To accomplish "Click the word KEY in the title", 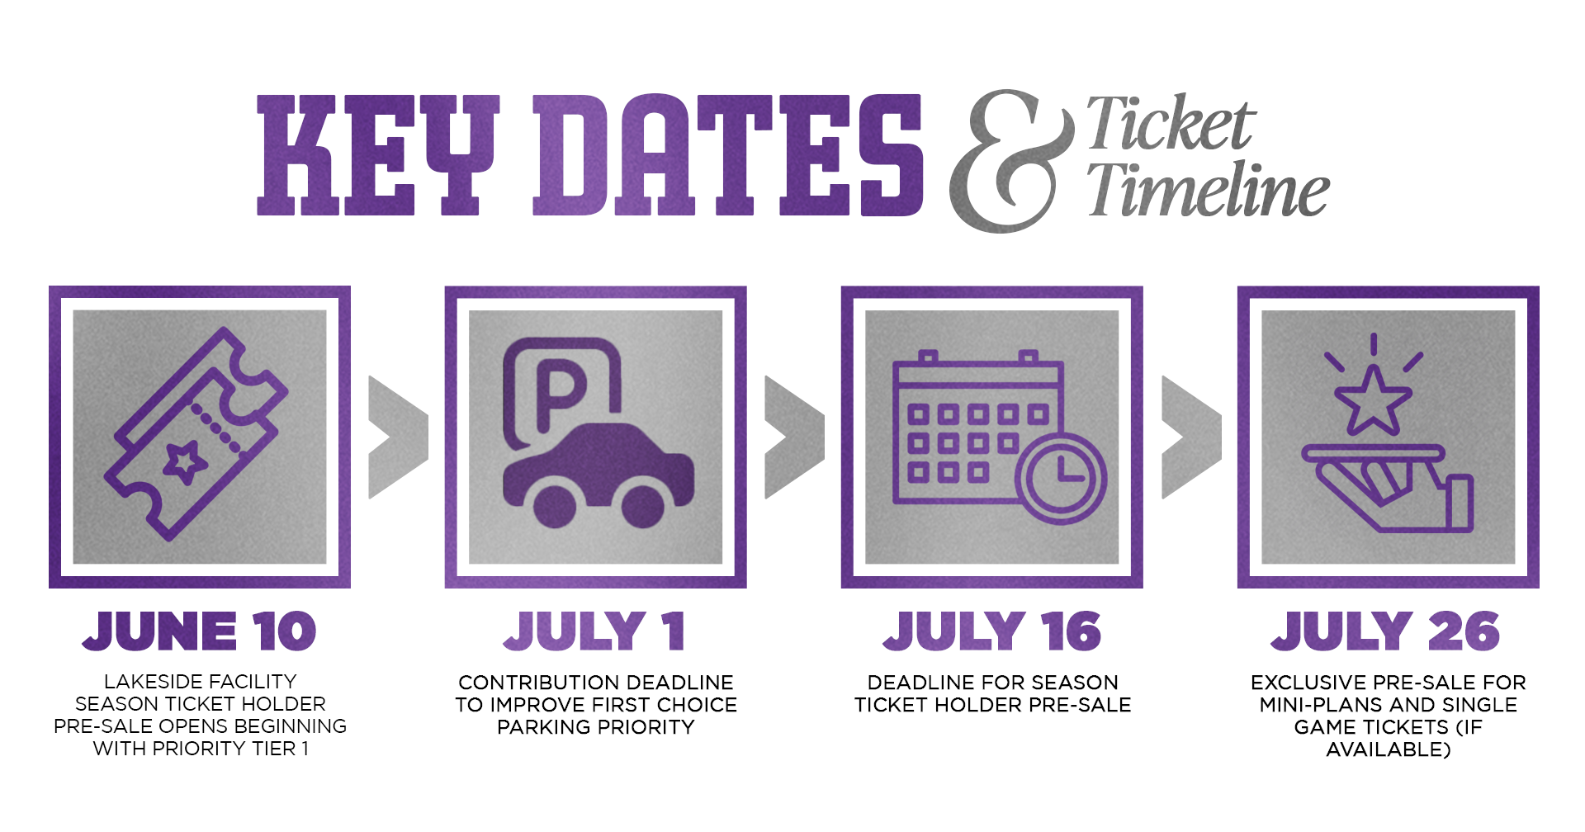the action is pyautogui.click(x=378, y=155).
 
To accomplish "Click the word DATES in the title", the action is pyautogui.click(x=728, y=155).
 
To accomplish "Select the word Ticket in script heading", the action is pyautogui.click(x=1171, y=123).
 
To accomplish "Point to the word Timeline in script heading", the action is pyautogui.click(x=1208, y=189).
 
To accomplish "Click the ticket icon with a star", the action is pyautogui.click(x=196, y=434).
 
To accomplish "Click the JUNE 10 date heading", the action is pyautogui.click(x=199, y=631).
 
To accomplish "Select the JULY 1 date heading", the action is pyautogui.click(x=594, y=631).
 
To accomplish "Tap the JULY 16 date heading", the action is pyautogui.click(x=991, y=631).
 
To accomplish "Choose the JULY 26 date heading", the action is pyautogui.click(x=1386, y=631).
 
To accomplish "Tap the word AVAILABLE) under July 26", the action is pyautogui.click(x=1389, y=749).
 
